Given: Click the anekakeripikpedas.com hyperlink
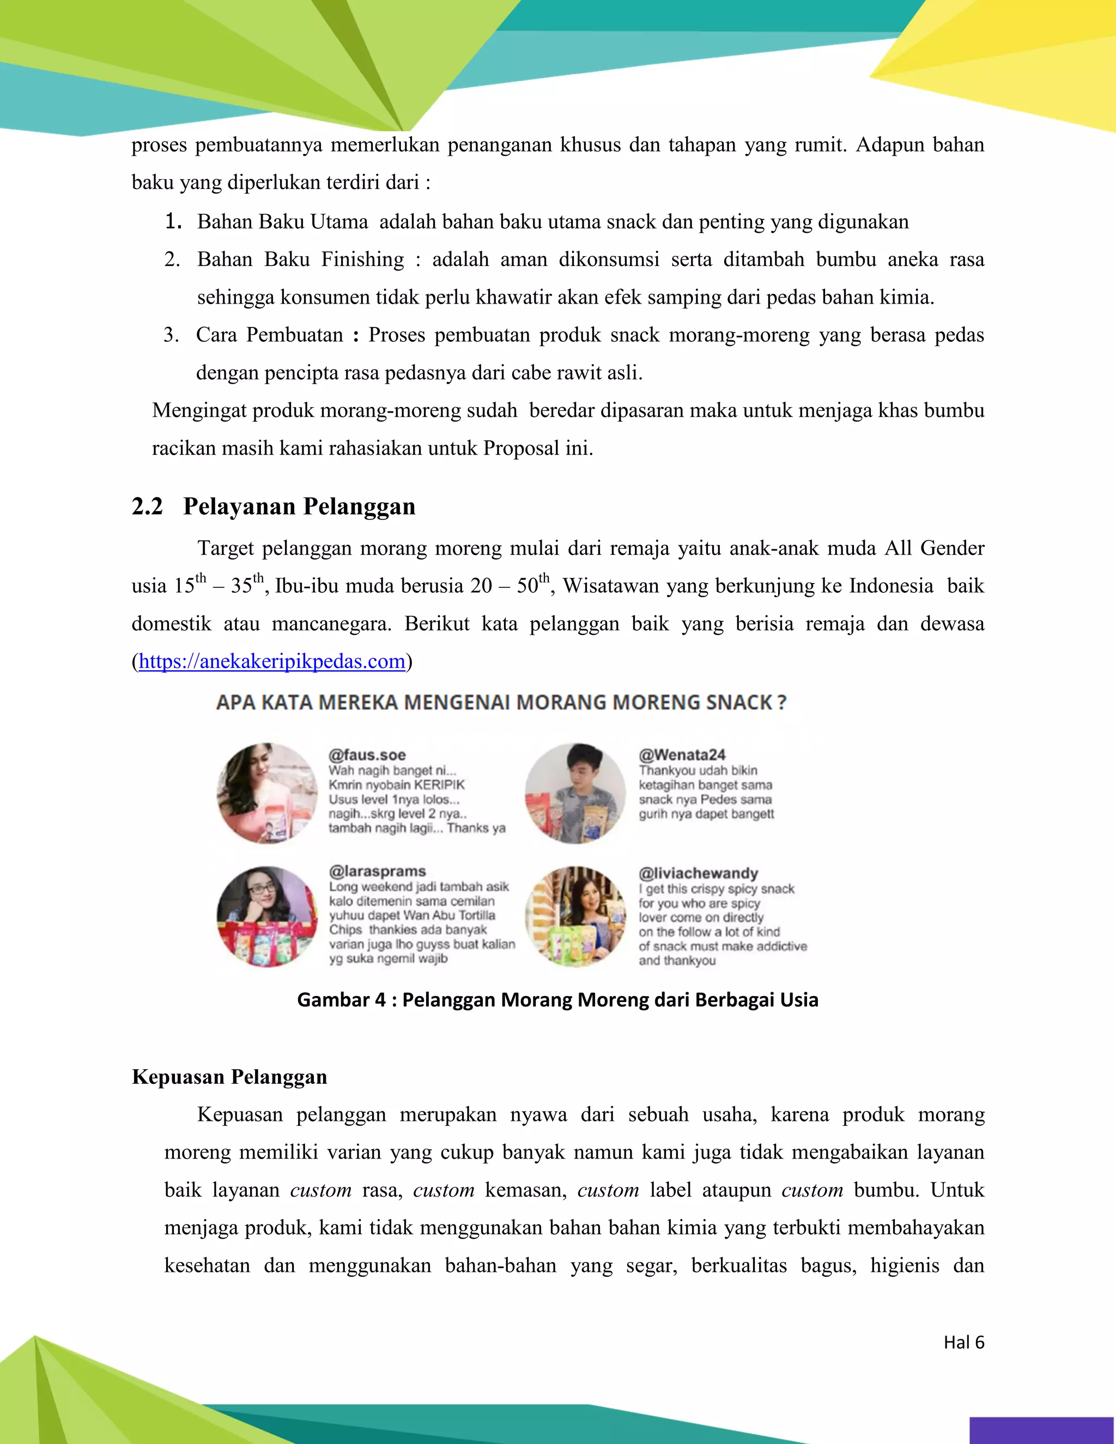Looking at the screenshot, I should (x=272, y=661).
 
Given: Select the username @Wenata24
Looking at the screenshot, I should (x=682, y=754).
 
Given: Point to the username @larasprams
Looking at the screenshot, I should (x=378, y=871).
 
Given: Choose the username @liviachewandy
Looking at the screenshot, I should (x=698, y=873).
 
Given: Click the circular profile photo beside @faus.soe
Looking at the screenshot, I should (x=267, y=793).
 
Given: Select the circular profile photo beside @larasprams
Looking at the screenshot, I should (x=267, y=917).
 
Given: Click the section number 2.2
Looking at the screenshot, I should (x=147, y=506).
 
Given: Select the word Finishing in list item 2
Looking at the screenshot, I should (x=362, y=259).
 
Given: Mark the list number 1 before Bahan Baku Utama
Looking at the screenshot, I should (x=173, y=221).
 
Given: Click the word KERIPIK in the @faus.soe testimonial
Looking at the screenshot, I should (x=440, y=785).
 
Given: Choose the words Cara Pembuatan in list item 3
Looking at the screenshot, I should (x=270, y=335).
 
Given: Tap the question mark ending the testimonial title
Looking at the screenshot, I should (x=781, y=702).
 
